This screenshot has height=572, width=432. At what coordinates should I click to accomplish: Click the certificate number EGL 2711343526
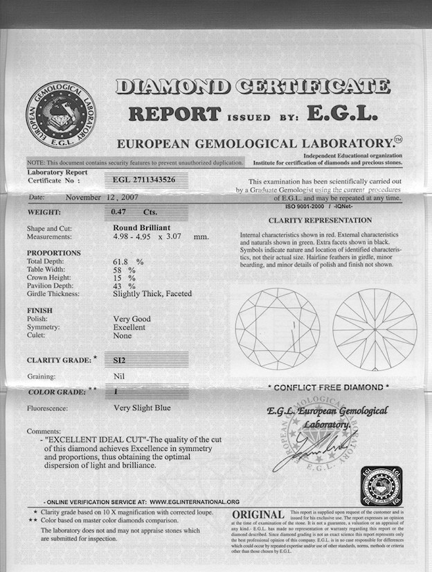click(x=145, y=180)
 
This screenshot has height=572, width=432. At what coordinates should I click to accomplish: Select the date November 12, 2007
click(x=103, y=197)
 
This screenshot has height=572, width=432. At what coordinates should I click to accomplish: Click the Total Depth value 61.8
click(x=125, y=261)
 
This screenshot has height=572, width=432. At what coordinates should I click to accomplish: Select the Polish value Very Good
click(x=132, y=318)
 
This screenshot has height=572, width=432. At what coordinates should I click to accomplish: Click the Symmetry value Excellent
click(x=131, y=327)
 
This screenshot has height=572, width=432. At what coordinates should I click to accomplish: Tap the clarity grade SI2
click(x=120, y=360)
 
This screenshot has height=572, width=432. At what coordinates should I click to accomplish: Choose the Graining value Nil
click(x=118, y=376)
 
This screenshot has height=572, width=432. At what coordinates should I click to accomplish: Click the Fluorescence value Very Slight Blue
click(x=141, y=408)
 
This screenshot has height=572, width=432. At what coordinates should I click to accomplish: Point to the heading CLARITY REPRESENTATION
click(x=319, y=220)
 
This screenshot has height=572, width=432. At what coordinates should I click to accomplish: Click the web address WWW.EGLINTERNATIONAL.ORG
click(x=195, y=501)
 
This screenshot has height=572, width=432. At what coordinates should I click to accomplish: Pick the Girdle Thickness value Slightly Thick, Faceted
click(x=152, y=293)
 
